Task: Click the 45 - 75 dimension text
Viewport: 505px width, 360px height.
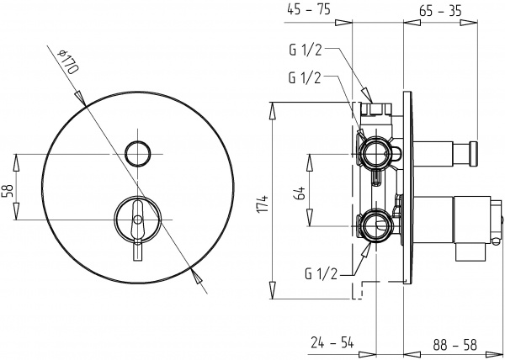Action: [307, 10]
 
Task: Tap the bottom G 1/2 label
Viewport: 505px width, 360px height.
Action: [323, 273]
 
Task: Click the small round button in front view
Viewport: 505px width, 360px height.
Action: [137, 153]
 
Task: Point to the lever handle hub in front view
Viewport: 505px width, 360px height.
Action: [137, 218]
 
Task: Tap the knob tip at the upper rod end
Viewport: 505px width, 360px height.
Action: [474, 152]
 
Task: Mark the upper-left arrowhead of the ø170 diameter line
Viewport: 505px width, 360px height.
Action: [82, 98]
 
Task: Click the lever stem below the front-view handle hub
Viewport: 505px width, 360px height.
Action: [137, 252]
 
